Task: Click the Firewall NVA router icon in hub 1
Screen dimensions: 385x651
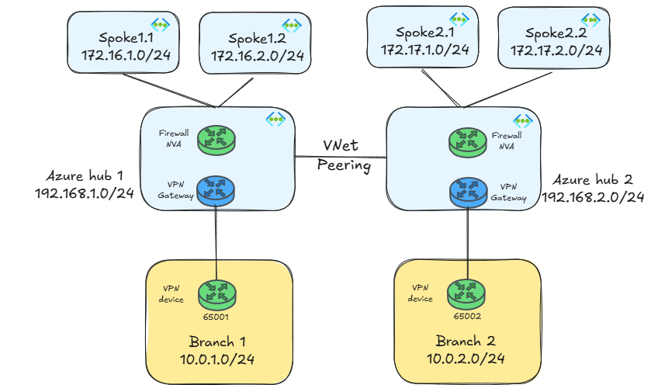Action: coord(216,140)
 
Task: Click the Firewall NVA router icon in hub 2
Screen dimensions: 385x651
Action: coord(467,140)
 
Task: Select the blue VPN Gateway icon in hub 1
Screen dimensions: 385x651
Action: coord(216,189)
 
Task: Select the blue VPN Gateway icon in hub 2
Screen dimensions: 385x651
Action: coord(467,190)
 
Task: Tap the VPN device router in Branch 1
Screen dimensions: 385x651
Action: coord(216,293)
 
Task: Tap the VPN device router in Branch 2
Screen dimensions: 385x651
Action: coord(467,293)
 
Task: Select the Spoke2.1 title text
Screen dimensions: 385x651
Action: coord(424,32)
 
